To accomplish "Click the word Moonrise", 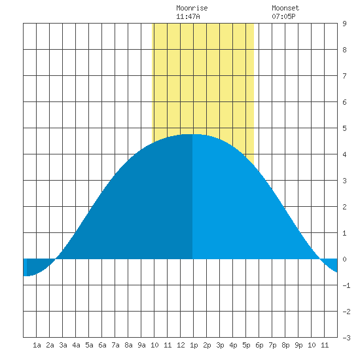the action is coord(192,8).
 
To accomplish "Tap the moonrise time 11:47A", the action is coord(188,16).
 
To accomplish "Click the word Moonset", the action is coord(285,8).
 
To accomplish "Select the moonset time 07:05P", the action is coord(283,16).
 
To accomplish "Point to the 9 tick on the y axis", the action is coord(344,24).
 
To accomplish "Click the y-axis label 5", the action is coord(344,128).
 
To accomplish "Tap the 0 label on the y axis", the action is coord(344,259).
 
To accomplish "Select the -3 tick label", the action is coord(346,338).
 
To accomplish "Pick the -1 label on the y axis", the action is coord(346,285).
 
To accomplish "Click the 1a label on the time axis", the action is coord(37,345).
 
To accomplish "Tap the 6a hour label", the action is coord(102,345).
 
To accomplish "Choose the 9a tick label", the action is coord(141,345).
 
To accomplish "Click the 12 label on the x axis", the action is coord(181,345).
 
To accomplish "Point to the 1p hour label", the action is coord(194,345).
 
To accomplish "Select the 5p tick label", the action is coord(246,345).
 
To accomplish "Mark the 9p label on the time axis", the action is coord(298,345).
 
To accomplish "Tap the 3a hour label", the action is coord(63,345).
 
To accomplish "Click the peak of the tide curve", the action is coord(192,134).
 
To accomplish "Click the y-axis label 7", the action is coord(344,76).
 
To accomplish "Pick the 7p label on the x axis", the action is coord(272,345).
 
